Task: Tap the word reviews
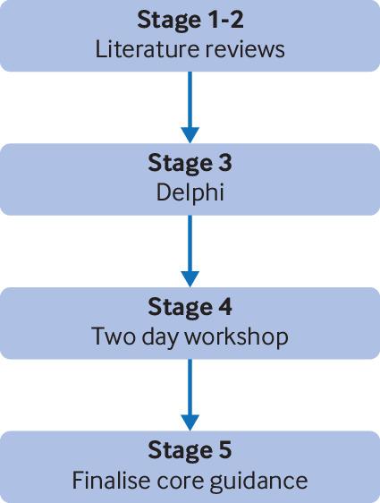(244, 50)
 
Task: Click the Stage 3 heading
(190, 164)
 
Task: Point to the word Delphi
(190, 192)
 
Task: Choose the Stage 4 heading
(190, 308)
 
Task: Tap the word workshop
(237, 337)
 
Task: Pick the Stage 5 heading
(190, 451)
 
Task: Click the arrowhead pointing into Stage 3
(190, 135)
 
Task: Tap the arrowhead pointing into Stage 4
(190, 279)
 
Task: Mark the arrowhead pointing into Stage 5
(190, 422)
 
